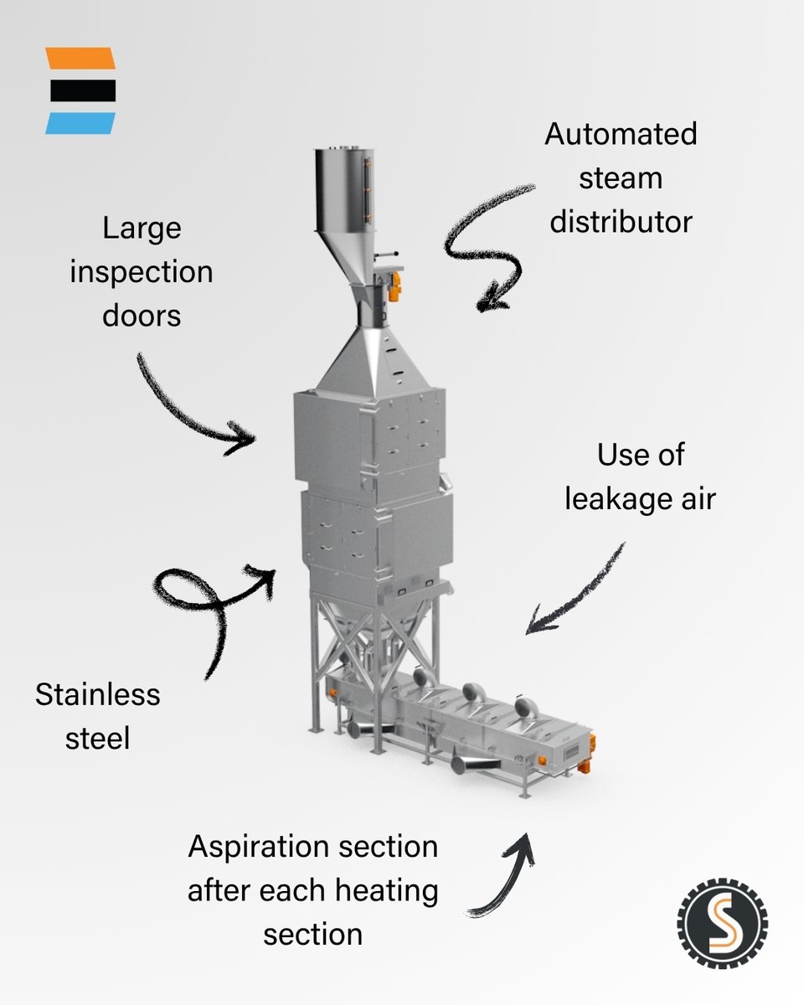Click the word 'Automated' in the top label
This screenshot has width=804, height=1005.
point(621,134)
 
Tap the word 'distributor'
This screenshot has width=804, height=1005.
point(621,221)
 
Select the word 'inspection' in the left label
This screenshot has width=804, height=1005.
point(141,272)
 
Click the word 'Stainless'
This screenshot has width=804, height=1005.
point(97,694)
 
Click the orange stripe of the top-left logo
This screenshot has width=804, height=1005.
point(80,59)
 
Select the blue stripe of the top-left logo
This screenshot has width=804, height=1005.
point(80,123)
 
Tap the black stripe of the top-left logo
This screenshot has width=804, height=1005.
point(81,90)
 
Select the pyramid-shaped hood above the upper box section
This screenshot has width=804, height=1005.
point(368,360)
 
